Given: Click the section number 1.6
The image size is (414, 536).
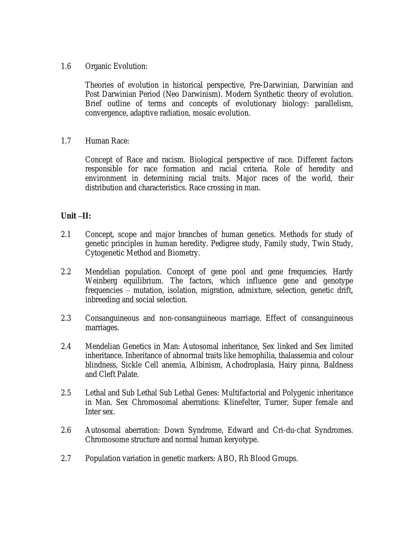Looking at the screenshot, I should [x=66, y=66].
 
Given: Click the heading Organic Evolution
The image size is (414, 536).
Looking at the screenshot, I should [x=116, y=66].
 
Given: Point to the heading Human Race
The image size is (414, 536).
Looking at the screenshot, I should [x=107, y=141].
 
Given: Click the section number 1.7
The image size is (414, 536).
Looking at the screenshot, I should [x=66, y=141].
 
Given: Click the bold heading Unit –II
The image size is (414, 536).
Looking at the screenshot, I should [x=76, y=216].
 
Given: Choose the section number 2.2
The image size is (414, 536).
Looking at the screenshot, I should [x=66, y=272].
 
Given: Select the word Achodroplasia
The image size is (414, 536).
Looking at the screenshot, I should [x=249, y=365].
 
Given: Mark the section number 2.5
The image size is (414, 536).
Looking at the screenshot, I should [x=66, y=393].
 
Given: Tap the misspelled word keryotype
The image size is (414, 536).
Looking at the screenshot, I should [x=241, y=440].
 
